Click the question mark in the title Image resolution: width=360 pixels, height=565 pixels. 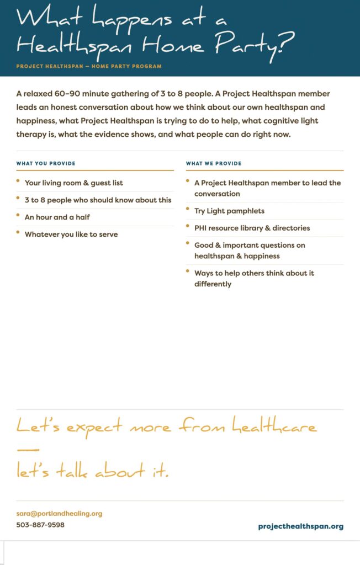coord(282,43)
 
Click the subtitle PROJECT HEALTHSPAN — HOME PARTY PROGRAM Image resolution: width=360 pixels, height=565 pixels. coord(89,66)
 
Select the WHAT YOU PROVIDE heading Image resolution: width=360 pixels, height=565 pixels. coord(46,163)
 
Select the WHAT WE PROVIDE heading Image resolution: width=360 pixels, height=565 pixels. coord(214,163)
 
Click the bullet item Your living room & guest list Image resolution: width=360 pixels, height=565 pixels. coord(74,183)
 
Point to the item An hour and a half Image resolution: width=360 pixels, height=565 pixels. coord(57,217)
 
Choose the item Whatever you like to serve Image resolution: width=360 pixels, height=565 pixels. coord(71,234)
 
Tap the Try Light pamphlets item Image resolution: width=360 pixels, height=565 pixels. coord(229,211)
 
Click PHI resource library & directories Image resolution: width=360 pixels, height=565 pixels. coord(252,228)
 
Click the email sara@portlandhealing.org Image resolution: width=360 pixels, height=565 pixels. coord(59,514)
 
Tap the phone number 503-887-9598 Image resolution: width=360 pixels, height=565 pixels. coord(40,525)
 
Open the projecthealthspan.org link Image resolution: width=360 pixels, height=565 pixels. coord(300,526)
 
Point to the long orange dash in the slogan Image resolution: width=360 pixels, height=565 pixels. coord(28,449)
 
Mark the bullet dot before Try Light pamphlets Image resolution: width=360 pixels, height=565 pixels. coord(188,209)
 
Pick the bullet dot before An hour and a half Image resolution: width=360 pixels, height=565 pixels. coord(18,216)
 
